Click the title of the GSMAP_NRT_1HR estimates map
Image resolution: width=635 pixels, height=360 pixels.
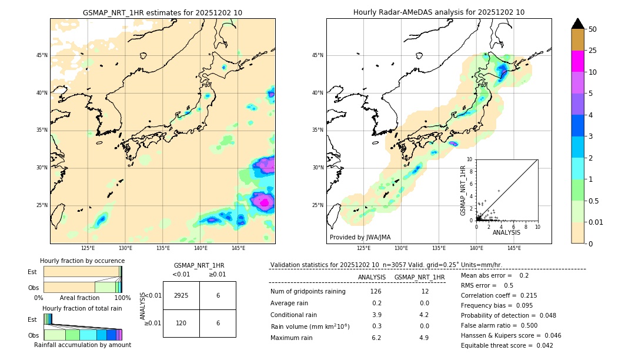click(x=162, y=12)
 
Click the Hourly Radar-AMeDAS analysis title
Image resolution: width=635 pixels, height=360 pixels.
click(x=439, y=12)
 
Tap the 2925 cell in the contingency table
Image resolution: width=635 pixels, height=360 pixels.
click(x=181, y=295)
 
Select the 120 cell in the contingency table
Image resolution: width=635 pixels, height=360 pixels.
click(x=181, y=323)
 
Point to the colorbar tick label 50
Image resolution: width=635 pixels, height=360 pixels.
click(x=593, y=29)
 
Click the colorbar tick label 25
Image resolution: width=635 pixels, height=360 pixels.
click(x=593, y=51)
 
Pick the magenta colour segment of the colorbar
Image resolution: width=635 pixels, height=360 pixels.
click(x=577, y=61)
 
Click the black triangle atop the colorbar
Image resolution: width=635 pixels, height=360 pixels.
click(x=577, y=24)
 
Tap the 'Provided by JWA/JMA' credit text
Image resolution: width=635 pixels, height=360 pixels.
click(x=360, y=238)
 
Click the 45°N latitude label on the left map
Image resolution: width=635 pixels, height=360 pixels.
click(x=42, y=55)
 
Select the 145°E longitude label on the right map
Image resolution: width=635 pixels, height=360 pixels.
click(x=514, y=248)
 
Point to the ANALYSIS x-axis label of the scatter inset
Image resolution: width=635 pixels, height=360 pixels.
click(x=506, y=232)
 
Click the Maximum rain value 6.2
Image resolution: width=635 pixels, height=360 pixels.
click(x=376, y=338)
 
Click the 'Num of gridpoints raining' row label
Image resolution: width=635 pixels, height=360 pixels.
click(x=308, y=292)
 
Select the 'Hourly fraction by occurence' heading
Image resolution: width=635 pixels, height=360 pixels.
click(x=82, y=261)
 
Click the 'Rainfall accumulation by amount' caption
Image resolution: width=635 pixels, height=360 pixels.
click(x=82, y=345)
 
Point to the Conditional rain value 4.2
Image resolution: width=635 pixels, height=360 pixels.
click(x=425, y=315)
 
